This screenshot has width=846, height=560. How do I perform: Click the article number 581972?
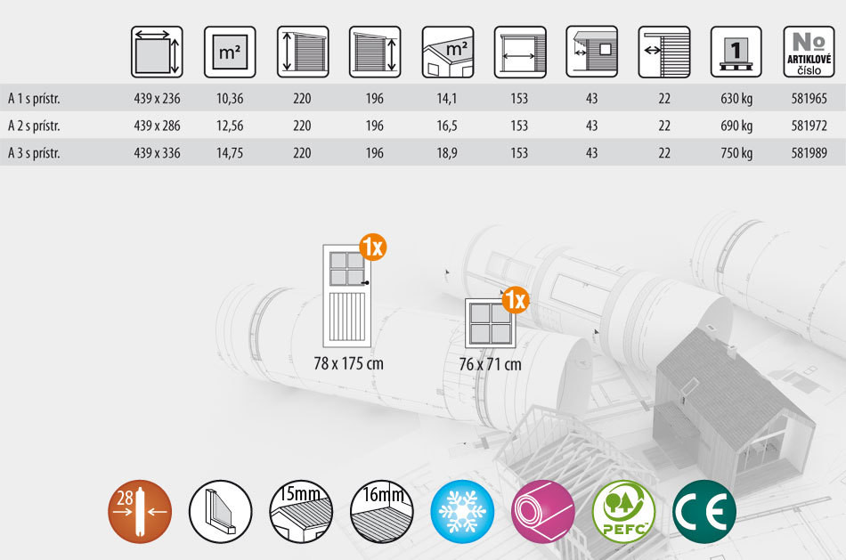[x=809, y=126]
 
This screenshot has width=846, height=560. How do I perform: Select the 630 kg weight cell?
[x=736, y=99]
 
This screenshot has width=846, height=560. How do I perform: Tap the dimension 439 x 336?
[x=157, y=153]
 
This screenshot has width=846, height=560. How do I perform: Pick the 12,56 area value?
[x=230, y=126]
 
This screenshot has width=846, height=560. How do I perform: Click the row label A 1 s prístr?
[x=34, y=99]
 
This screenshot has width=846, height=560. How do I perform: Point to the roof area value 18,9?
[x=447, y=153]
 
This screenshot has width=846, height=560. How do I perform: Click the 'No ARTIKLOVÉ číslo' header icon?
[x=809, y=52]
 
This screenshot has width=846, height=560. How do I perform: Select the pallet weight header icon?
[x=736, y=52]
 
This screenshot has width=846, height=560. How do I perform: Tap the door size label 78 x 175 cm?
[x=348, y=363]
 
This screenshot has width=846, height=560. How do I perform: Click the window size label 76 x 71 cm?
[x=491, y=365]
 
